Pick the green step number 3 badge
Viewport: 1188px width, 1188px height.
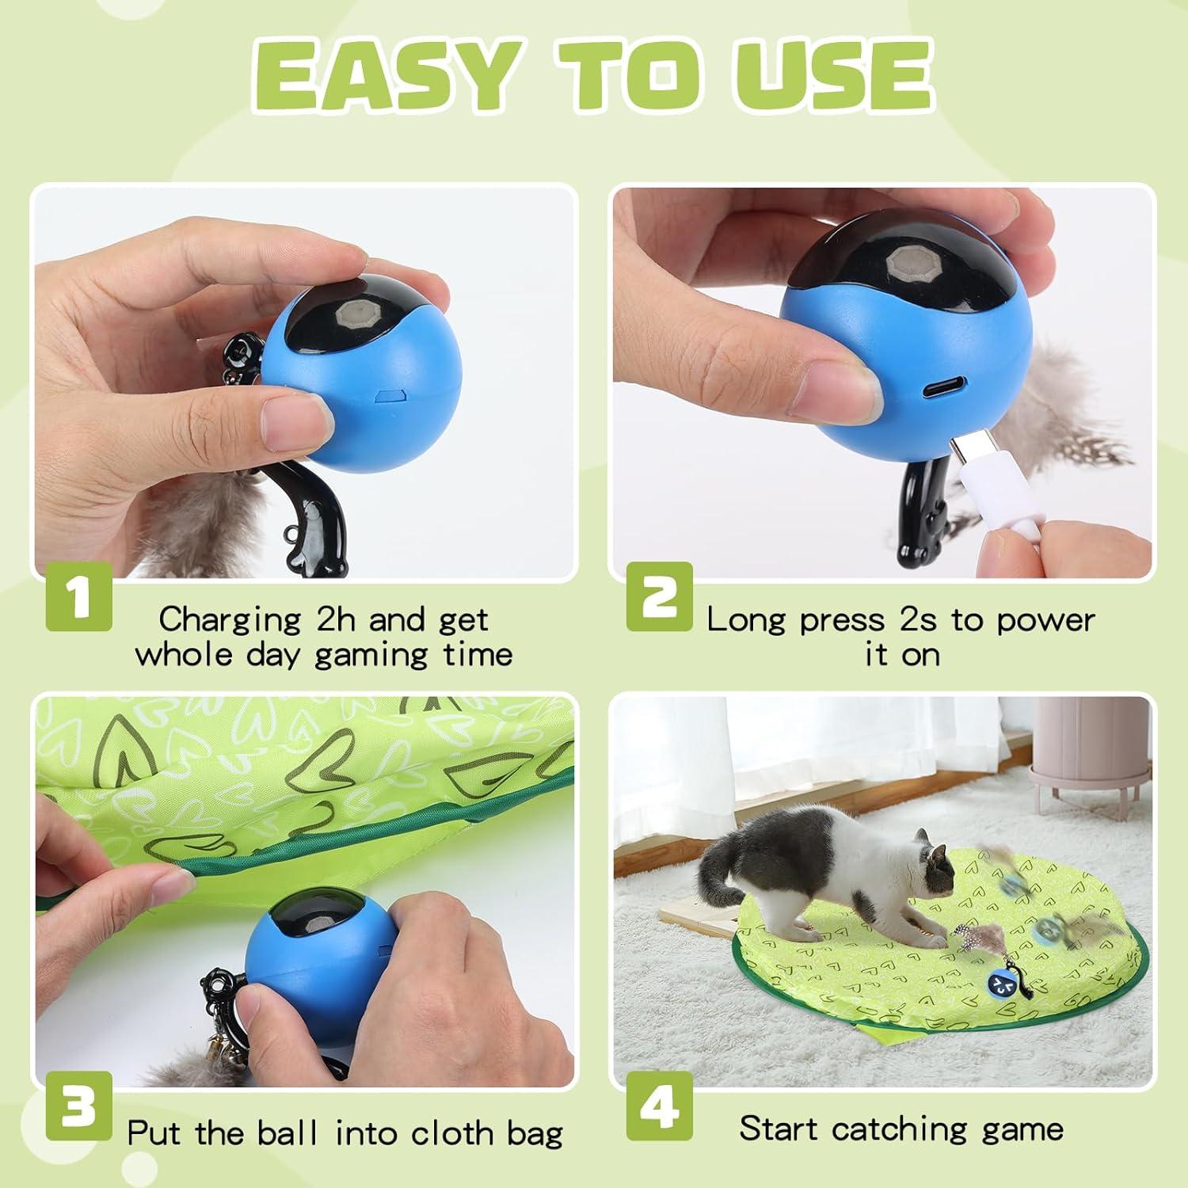click(78, 1107)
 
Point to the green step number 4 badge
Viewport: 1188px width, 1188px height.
click(659, 1107)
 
